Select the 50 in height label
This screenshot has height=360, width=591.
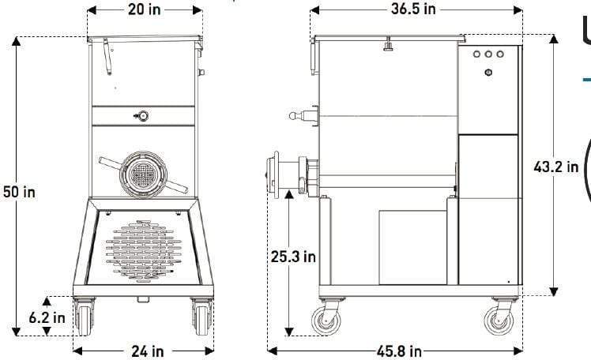click(20, 191)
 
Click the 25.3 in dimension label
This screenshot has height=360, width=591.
click(293, 257)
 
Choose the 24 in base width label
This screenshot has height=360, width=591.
click(146, 351)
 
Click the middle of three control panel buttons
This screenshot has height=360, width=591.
click(488, 55)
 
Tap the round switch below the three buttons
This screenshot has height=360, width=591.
click(488, 73)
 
